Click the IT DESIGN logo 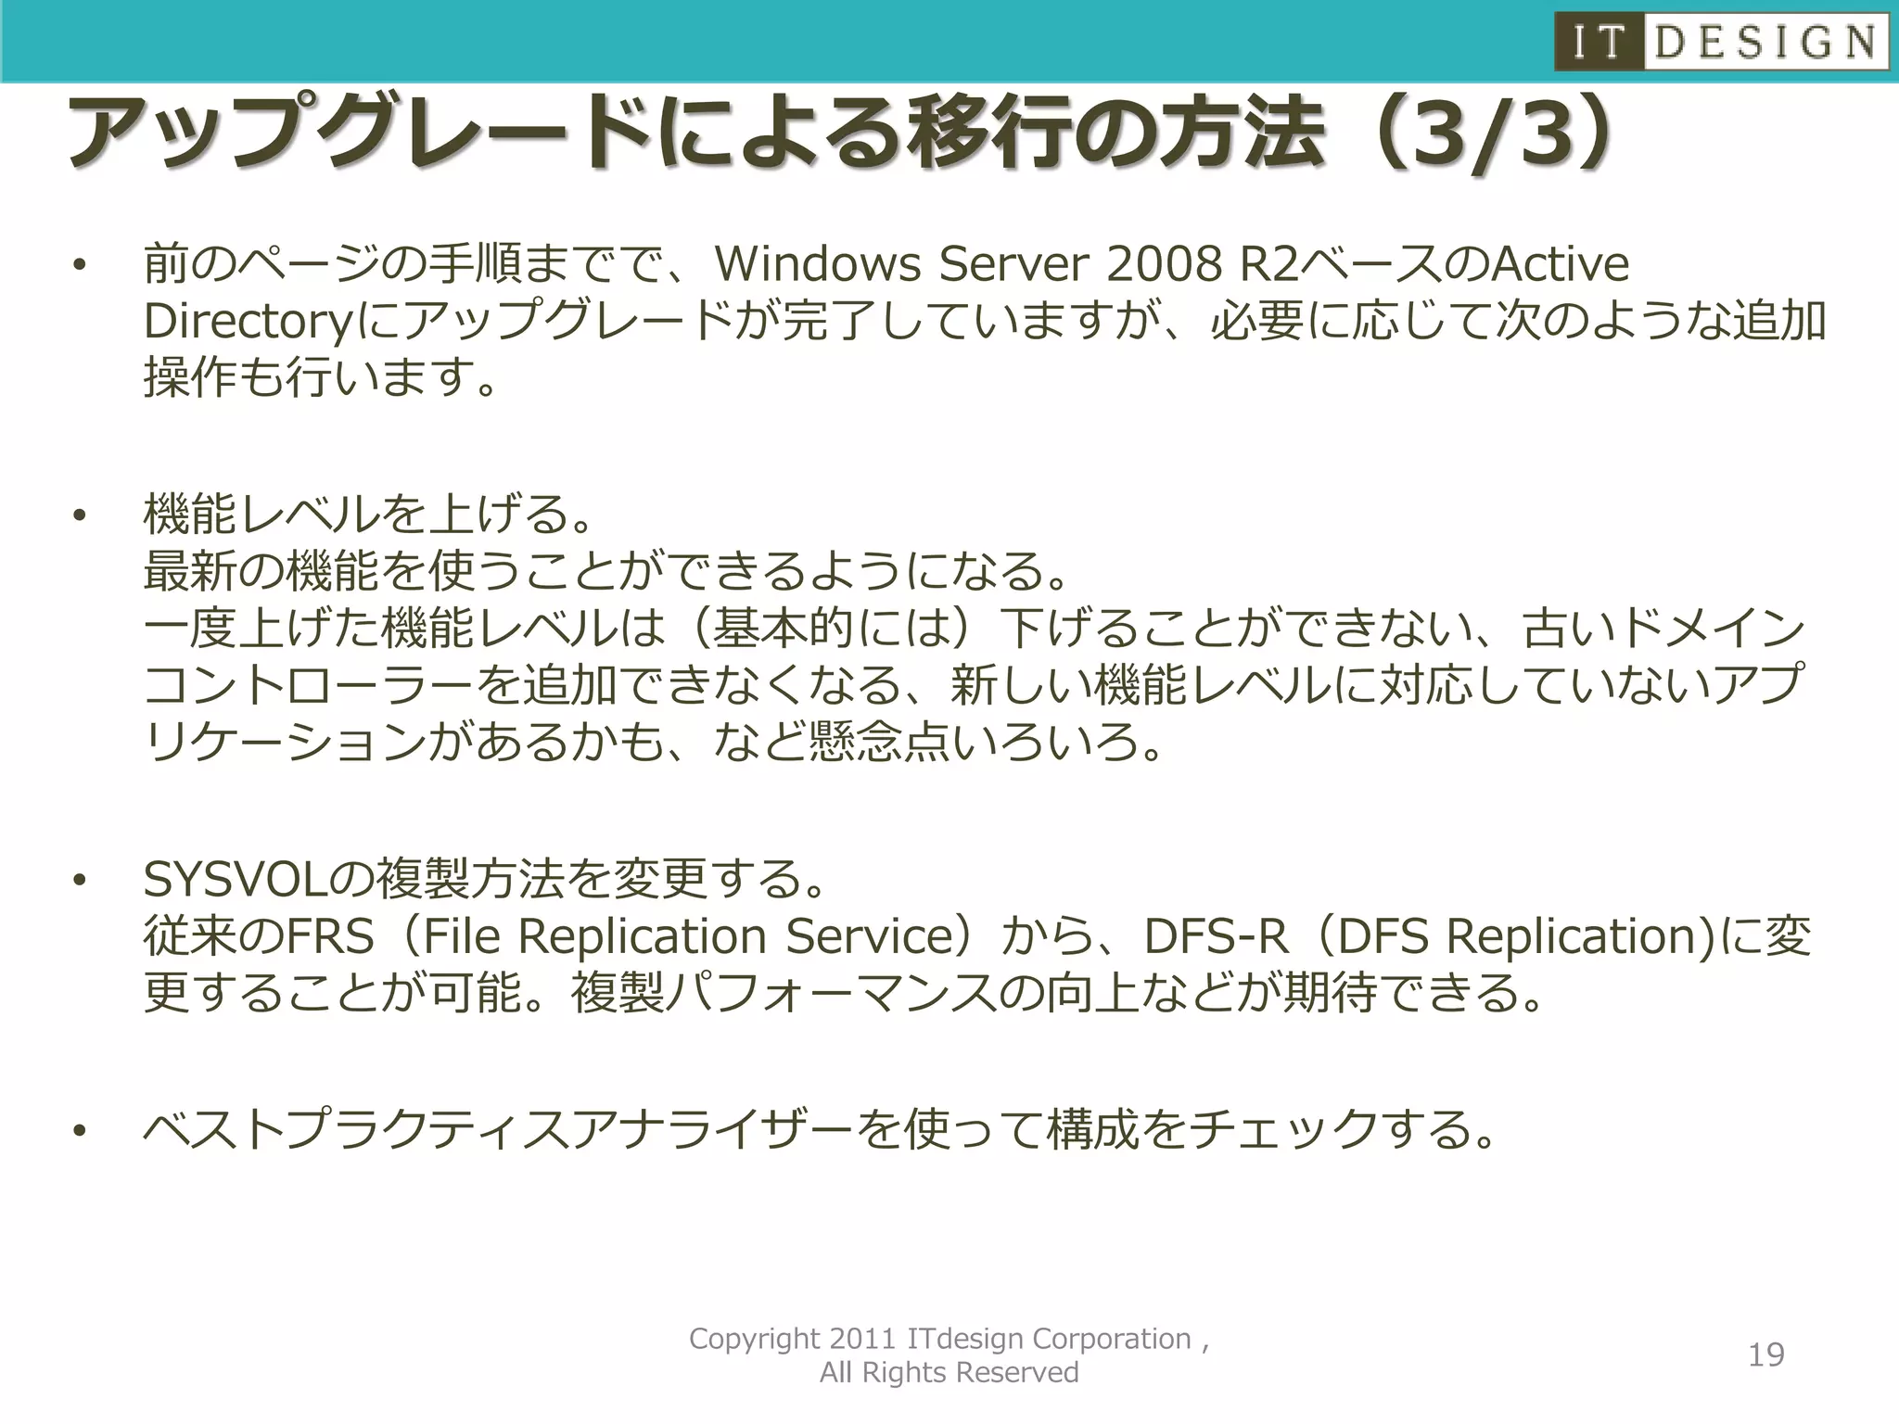[x=1721, y=42]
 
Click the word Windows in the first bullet [x=816, y=264]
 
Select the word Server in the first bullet [x=1014, y=264]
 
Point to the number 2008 [x=1165, y=264]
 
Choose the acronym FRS [x=330, y=936]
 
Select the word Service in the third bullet [x=869, y=936]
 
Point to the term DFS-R [x=1216, y=936]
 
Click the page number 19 [x=1765, y=1355]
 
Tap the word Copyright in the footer [x=755, y=1340]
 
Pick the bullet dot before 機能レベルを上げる [x=81, y=515]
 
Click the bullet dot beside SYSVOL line [x=81, y=880]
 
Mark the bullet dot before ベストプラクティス [x=81, y=1130]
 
